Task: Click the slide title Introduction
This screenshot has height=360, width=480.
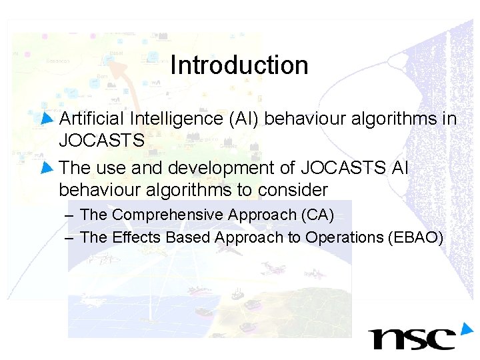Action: (239, 65)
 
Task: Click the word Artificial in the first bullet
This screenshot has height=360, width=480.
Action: (93, 119)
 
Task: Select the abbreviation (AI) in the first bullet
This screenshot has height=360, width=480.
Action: (245, 119)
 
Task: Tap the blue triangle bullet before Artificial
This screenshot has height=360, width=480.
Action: (47, 119)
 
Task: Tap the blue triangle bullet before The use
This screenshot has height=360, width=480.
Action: (47, 167)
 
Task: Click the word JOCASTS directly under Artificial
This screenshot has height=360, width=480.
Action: (101, 141)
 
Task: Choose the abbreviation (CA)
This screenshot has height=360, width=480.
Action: (318, 215)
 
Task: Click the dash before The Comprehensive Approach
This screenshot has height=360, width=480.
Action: (70, 215)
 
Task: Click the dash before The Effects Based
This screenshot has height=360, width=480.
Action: (70, 238)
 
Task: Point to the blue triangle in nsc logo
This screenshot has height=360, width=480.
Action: (465, 328)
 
